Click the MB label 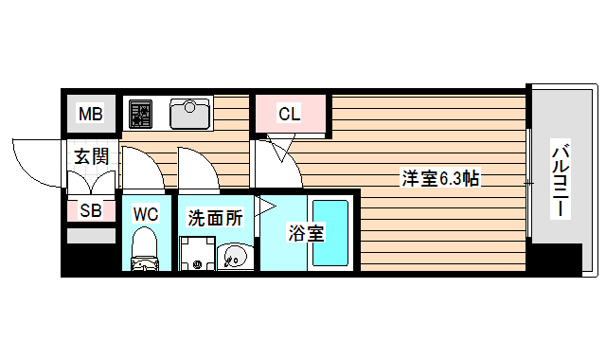[90, 116]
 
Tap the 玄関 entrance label [92, 156]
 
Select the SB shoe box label [91, 211]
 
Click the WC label [145, 214]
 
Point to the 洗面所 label [215, 217]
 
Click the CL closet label [289, 116]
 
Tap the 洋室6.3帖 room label [440, 178]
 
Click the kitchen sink [189, 114]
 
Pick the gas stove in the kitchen [141, 114]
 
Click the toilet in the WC [145, 252]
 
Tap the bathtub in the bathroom [331, 232]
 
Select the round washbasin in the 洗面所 [233, 257]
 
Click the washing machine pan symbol [198, 254]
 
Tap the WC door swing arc [140, 166]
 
